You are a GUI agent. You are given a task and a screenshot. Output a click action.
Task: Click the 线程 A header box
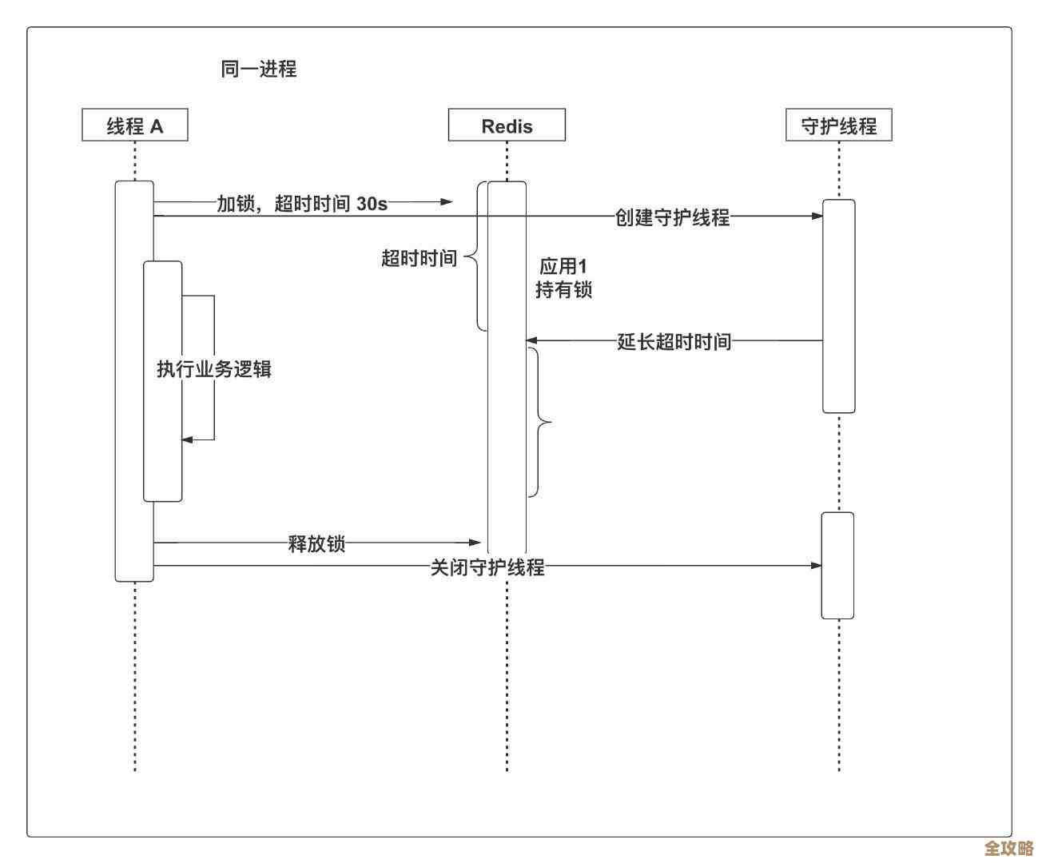point(134,125)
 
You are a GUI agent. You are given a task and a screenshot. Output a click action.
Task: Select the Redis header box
point(507,125)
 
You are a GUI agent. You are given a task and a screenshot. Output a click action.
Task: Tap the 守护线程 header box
point(838,125)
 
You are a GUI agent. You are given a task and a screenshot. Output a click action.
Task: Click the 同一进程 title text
point(258,69)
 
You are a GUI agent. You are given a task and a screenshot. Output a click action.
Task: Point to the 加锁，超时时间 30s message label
point(302,203)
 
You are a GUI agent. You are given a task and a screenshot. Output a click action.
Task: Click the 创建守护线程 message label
point(672,217)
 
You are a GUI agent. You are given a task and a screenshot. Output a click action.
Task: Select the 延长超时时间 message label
point(674,341)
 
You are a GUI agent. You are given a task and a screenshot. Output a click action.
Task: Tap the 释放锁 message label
point(316,543)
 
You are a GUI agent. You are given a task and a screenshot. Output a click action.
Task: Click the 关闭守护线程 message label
point(487,567)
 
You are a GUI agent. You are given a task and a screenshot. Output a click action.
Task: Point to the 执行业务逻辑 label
point(214,368)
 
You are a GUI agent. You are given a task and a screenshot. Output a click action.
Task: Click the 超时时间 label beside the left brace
point(419,258)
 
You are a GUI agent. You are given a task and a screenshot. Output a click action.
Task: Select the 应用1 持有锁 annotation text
point(563,277)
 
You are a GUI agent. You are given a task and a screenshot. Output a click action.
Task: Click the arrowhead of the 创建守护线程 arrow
point(817,216)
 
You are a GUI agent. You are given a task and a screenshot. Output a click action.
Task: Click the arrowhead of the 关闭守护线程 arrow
point(817,566)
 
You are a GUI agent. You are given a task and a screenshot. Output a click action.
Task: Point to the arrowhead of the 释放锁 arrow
point(477,543)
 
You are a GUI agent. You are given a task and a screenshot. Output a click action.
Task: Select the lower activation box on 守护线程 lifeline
point(837,566)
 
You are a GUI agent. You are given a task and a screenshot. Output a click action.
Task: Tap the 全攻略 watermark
point(1008,848)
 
